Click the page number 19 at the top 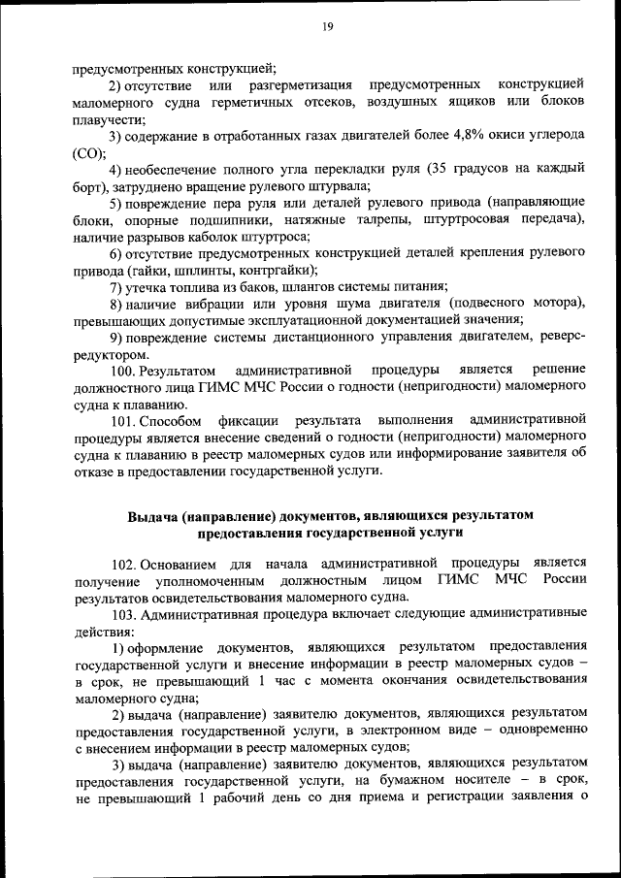[x=327, y=26]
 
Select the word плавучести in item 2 [x=107, y=119]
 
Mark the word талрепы [x=388, y=218]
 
